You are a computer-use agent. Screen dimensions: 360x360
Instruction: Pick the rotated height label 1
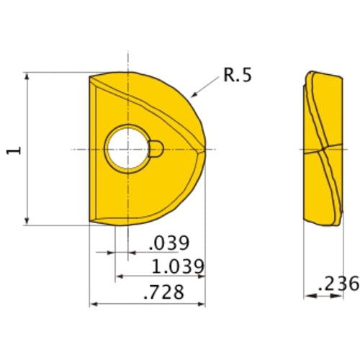pyautogui.click(x=14, y=149)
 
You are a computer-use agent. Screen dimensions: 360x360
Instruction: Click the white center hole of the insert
pyautogui.click(x=127, y=149)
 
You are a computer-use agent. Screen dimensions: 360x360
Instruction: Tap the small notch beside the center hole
pyautogui.click(x=156, y=149)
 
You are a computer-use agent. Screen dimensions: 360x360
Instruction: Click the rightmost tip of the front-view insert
pyautogui.click(x=206, y=149)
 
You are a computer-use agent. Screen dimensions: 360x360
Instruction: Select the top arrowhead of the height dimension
pyautogui.click(x=27, y=74)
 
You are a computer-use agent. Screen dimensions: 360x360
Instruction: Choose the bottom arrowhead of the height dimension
pyautogui.click(x=27, y=223)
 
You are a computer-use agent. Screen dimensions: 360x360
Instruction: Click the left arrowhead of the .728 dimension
pyautogui.click(x=91, y=305)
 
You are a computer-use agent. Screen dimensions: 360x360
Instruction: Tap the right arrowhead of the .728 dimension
pyautogui.click(x=204, y=305)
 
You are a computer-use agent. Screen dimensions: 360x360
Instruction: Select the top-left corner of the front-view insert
pyautogui.click(x=89, y=75)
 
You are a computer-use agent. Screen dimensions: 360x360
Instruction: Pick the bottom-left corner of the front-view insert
pyautogui.click(x=89, y=224)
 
